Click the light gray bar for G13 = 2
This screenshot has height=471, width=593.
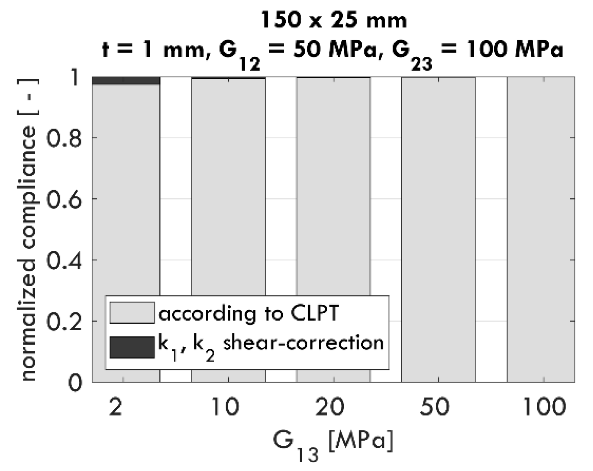coord(126,193)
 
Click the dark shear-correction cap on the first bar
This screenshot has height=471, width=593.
coord(126,80)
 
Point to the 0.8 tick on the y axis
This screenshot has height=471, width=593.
coord(64,138)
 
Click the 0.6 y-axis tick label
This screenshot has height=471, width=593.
coord(64,199)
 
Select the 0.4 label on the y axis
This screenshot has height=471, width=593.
coord(64,260)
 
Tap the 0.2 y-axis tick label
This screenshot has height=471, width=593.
coord(64,321)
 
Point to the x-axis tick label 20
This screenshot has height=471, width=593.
coord(333,407)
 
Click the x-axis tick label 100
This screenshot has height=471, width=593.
coord(543,407)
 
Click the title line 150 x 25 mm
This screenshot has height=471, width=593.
coord(333,20)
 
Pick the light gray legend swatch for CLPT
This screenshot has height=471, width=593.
coord(132,312)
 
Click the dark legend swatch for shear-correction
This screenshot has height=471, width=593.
coord(132,347)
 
